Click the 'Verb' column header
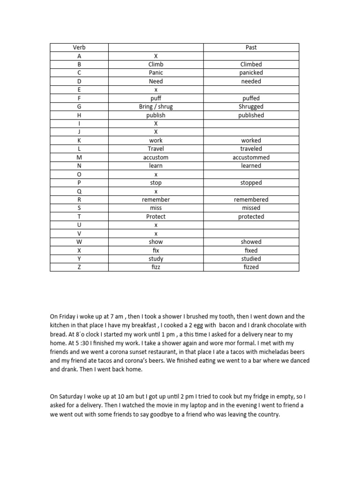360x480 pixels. tap(79, 47)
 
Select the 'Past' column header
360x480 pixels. tap(251, 47)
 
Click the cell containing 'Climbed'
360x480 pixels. tap(251, 64)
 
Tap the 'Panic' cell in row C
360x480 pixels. tap(156, 73)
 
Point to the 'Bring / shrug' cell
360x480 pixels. tap(156, 107)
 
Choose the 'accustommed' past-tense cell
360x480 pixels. tap(251, 157)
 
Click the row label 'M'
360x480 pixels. tap(79, 157)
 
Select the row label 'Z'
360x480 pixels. tap(79, 267)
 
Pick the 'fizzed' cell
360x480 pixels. tap(251, 267)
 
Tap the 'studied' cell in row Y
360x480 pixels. tap(251, 259)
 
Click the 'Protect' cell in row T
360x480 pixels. tap(156, 217)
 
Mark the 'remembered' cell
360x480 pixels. tap(251, 200)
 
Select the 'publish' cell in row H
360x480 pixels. tap(156, 115)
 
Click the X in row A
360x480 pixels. tap(156, 56)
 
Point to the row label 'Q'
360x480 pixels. tap(79, 191)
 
